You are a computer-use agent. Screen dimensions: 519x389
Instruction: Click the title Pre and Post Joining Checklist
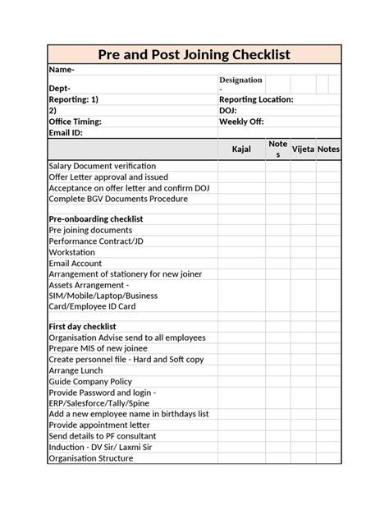pos(194,55)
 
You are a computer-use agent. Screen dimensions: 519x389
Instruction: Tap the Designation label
pos(240,80)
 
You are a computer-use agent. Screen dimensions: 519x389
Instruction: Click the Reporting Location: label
pos(255,99)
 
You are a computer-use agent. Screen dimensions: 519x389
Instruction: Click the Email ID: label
pos(66,132)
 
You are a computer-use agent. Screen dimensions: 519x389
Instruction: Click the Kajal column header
pos(241,149)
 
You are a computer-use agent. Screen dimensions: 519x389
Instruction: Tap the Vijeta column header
pos(303,149)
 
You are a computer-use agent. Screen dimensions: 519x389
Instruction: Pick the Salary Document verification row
pos(102,166)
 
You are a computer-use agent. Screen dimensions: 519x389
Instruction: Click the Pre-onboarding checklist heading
pos(96,219)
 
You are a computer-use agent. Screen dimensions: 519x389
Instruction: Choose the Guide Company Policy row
pos(91,381)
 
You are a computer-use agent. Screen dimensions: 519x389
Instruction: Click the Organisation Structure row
pos(90,458)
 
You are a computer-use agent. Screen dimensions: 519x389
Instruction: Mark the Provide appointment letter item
pos(99,425)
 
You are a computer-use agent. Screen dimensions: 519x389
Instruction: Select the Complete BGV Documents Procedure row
pos(118,198)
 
